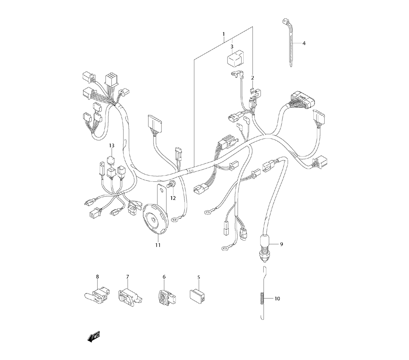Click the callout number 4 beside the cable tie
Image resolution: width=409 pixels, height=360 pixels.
click(x=304, y=43)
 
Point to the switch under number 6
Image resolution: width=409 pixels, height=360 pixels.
click(x=165, y=297)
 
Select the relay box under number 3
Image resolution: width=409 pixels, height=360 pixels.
click(x=234, y=61)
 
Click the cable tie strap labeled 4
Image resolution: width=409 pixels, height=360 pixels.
click(x=289, y=43)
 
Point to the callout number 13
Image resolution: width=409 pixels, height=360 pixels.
click(x=112, y=146)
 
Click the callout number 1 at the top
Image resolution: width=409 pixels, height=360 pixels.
click(x=224, y=34)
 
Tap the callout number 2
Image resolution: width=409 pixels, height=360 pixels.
click(x=252, y=78)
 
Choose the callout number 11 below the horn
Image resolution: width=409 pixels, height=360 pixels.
click(x=157, y=245)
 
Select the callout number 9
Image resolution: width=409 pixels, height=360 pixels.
click(x=281, y=244)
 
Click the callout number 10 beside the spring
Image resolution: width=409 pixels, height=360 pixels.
click(x=277, y=299)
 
